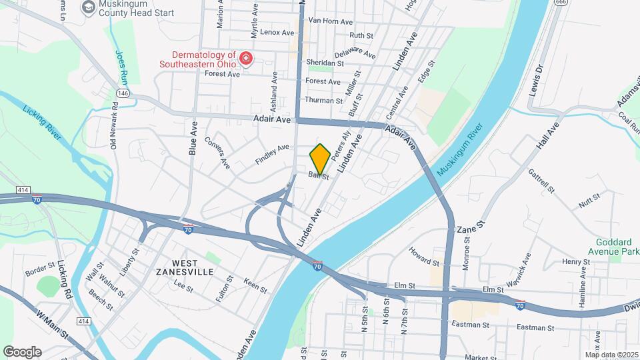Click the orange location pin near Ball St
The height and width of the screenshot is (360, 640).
click(320, 159)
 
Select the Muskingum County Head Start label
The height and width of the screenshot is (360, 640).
click(136, 13)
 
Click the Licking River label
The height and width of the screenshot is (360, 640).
click(42, 123)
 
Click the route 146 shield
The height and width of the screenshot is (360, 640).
click(123, 93)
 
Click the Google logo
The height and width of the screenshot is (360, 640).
click(22, 351)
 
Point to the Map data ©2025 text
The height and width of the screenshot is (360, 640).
click(611, 355)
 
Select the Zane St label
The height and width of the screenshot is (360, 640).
click(471, 229)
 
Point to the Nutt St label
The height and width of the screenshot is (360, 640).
click(589, 199)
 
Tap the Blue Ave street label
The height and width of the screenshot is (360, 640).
click(193, 142)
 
